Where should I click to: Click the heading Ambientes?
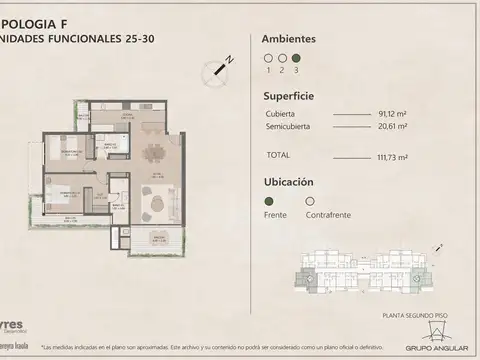[288, 38]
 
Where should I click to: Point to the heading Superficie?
[288, 98]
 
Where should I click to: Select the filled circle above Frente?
[268, 200]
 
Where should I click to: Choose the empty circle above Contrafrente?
[310, 200]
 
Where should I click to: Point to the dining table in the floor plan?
[154, 153]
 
